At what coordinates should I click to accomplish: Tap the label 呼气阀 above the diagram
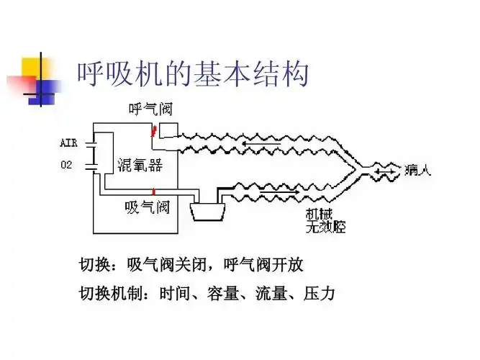pos(150,110)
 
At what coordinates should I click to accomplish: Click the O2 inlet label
pos(66,165)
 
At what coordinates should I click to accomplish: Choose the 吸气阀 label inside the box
pos(147,207)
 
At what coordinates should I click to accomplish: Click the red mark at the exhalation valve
pos(153,131)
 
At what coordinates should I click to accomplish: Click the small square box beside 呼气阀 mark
pos(168,130)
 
